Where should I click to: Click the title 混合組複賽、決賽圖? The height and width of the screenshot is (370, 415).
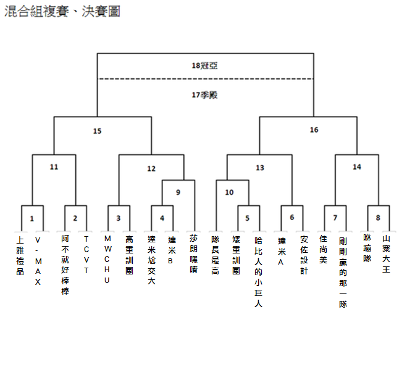click(x=62, y=11)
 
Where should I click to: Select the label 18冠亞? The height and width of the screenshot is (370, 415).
click(x=204, y=65)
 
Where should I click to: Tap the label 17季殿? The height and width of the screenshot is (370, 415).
click(x=204, y=95)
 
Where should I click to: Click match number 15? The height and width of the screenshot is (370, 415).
click(x=97, y=131)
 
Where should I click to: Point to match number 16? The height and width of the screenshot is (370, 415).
click(x=314, y=129)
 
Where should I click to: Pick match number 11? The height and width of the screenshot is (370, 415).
click(x=54, y=166)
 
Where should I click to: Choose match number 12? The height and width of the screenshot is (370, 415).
click(x=151, y=168)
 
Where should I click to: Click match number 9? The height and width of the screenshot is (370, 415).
click(x=178, y=192)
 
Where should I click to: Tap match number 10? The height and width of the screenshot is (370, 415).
click(x=230, y=192)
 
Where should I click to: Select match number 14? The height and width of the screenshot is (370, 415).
click(x=357, y=166)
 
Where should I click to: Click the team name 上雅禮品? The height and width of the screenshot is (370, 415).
click(x=20, y=255)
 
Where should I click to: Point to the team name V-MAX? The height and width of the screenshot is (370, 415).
click(x=38, y=261)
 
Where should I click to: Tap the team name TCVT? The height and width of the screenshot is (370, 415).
click(x=86, y=255)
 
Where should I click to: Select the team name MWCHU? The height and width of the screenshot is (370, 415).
click(x=107, y=259)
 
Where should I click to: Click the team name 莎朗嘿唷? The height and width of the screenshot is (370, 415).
click(x=194, y=253)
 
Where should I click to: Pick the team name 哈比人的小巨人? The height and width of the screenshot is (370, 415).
click(x=259, y=272)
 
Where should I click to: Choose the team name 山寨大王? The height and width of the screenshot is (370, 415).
click(x=386, y=254)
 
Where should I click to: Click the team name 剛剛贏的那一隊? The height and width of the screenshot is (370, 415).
click(x=343, y=273)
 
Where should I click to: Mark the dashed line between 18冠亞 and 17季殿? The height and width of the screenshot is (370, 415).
click(x=206, y=79)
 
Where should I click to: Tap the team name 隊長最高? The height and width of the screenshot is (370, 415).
click(x=215, y=255)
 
